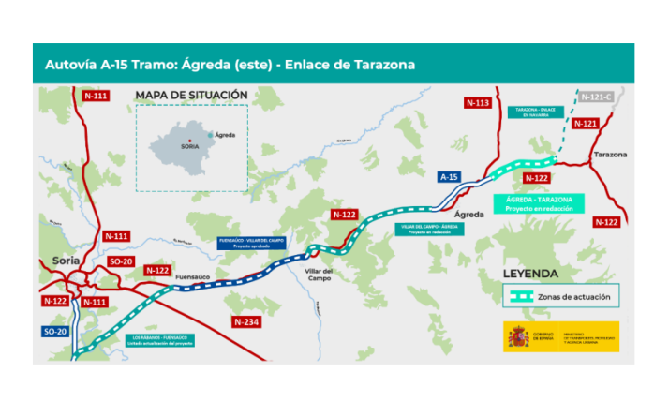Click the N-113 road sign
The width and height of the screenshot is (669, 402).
[x=478, y=102]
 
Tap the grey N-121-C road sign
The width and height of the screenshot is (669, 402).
[x=596, y=97]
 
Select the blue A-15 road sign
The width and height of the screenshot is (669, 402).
[x=450, y=176]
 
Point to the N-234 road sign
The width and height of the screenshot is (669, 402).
[x=245, y=322]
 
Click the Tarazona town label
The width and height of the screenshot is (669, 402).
[x=610, y=154]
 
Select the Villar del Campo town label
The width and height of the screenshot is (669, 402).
[x=320, y=275]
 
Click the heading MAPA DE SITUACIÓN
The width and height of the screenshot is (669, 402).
[x=191, y=95]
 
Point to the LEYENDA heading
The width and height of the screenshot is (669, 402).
[x=530, y=274]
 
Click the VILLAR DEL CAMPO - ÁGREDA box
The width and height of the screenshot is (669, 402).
[x=430, y=230]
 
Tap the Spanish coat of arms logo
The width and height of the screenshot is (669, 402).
[x=517, y=336]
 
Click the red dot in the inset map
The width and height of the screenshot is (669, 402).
[x=190, y=141]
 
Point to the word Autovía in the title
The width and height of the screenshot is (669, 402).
[x=70, y=65]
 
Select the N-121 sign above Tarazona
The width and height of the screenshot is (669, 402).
[x=584, y=123]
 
